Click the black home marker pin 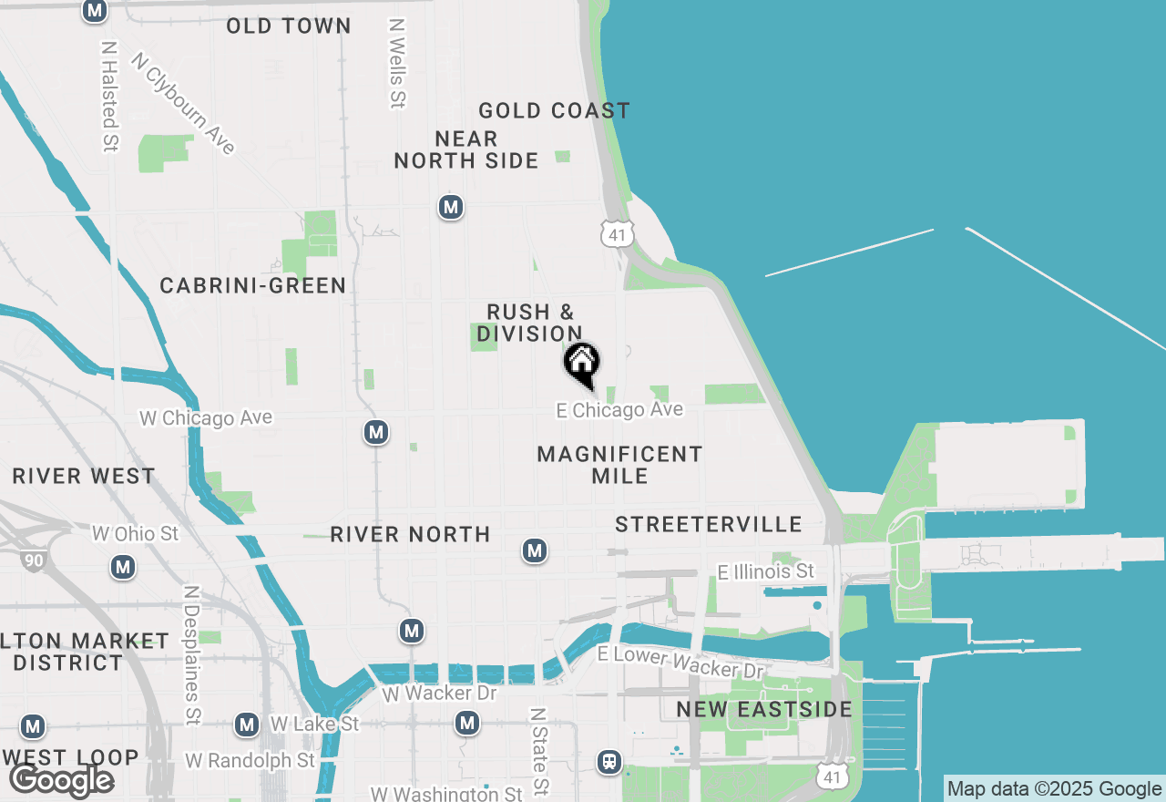point(581,364)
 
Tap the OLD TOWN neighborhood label point(289,26)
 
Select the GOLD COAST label point(554,111)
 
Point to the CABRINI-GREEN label point(253,286)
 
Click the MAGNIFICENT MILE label point(619,465)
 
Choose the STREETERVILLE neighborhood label point(708,524)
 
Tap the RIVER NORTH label point(410,535)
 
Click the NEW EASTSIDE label point(764,709)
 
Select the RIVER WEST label point(84,477)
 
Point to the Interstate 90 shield point(34,560)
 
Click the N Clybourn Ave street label point(183,103)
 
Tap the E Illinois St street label point(765,571)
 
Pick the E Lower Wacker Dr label point(680,663)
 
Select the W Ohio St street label point(136,533)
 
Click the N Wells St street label point(396,64)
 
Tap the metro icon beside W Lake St point(246,725)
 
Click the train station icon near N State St point(609,761)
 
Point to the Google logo point(61,780)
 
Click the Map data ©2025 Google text point(1054,789)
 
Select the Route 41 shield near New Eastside point(830,776)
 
